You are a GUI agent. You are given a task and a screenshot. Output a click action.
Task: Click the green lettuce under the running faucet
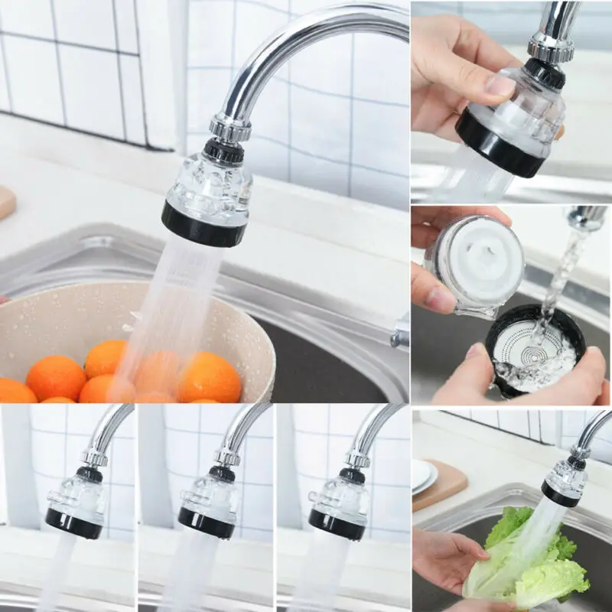[x=535, y=558]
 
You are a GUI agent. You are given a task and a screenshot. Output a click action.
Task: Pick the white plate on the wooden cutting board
[x=423, y=476]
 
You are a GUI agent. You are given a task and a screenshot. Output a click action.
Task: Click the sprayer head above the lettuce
[x=565, y=482]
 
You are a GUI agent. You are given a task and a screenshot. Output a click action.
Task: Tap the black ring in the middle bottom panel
[x=206, y=523]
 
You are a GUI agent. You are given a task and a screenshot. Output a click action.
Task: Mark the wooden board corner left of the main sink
[x=7, y=201]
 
